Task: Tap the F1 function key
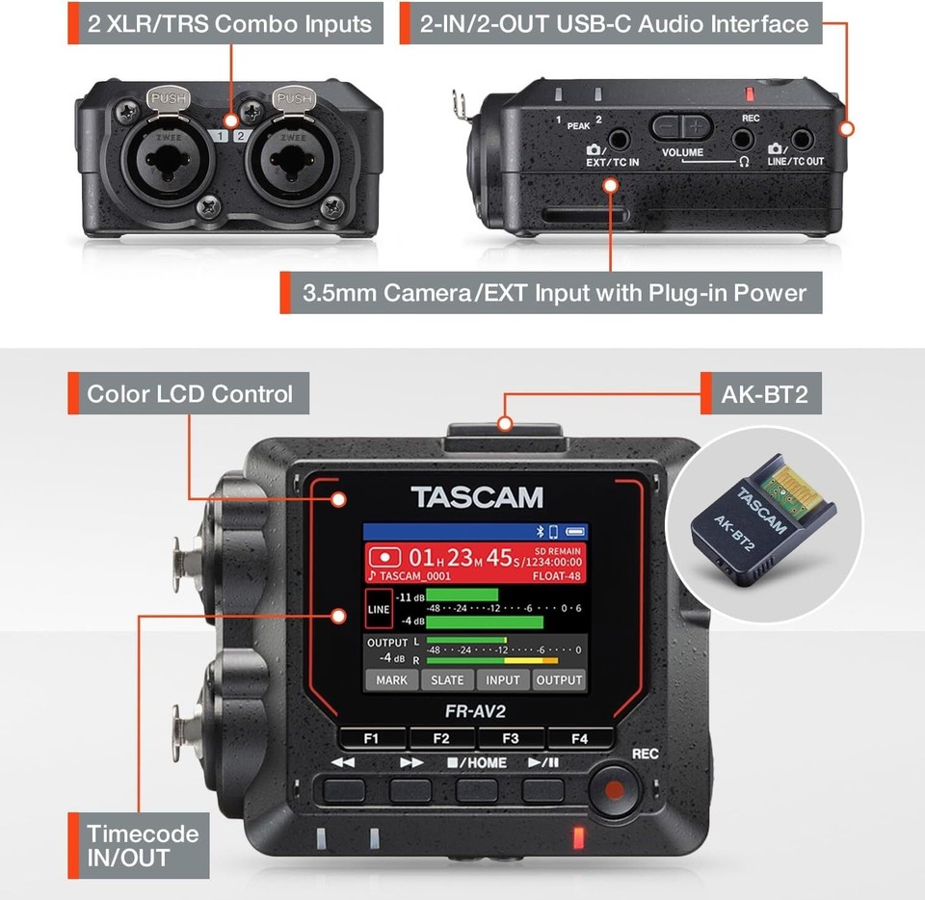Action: [371, 739]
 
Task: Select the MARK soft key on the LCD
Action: [391, 679]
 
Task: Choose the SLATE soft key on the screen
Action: [447, 679]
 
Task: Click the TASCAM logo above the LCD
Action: [477, 497]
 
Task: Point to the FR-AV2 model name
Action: [476, 712]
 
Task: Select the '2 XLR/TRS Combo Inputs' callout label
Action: [229, 24]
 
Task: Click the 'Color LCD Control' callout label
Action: [189, 394]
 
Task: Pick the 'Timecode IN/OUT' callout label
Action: [143, 845]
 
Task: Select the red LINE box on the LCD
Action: [378, 610]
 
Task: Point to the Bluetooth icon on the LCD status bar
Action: [541, 532]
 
